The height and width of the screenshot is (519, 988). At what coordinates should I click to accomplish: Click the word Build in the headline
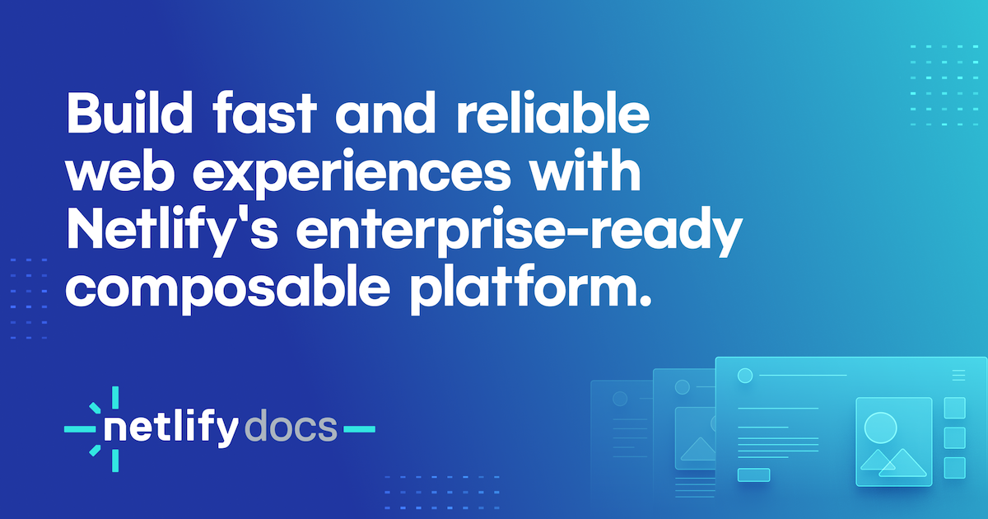(x=129, y=112)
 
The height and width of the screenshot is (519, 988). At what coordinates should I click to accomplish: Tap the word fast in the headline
(x=264, y=112)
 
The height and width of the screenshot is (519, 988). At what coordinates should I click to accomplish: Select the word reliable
(x=552, y=112)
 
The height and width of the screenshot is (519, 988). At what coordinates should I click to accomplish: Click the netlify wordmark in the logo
(x=171, y=428)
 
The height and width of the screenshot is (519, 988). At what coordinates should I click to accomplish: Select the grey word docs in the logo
(x=291, y=427)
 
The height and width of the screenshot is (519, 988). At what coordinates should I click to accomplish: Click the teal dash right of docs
(x=360, y=428)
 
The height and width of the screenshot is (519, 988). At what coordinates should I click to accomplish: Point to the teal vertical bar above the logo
(x=115, y=397)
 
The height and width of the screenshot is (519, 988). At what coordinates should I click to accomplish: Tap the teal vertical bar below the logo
(x=115, y=461)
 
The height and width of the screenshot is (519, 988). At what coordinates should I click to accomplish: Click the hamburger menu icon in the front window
(x=958, y=375)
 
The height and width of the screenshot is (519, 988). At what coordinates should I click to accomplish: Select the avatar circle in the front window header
(x=745, y=376)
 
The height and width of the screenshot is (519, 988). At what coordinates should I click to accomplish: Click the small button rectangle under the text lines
(x=754, y=475)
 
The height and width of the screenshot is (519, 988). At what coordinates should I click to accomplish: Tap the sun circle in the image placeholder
(x=880, y=428)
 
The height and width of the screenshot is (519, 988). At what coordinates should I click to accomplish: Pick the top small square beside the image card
(x=955, y=408)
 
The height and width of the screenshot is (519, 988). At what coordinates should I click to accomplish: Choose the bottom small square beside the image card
(x=955, y=468)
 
